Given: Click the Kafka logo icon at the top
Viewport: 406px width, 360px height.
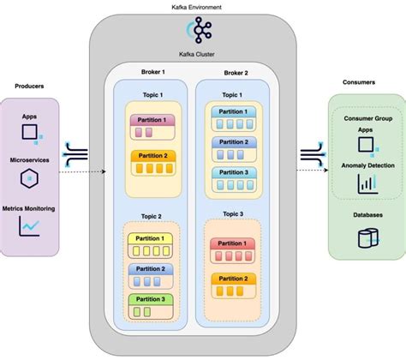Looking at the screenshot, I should click(x=203, y=31).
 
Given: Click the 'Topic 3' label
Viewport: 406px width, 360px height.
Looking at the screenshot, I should click(x=232, y=213).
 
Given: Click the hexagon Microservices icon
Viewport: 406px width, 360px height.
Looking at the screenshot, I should click(x=29, y=177).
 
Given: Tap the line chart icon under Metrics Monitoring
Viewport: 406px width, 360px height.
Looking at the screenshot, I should click(x=29, y=225).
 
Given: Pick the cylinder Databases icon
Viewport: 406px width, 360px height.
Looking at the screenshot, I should click(x=367, y=236).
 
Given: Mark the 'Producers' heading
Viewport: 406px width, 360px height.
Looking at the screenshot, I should click(x=30, y=87).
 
